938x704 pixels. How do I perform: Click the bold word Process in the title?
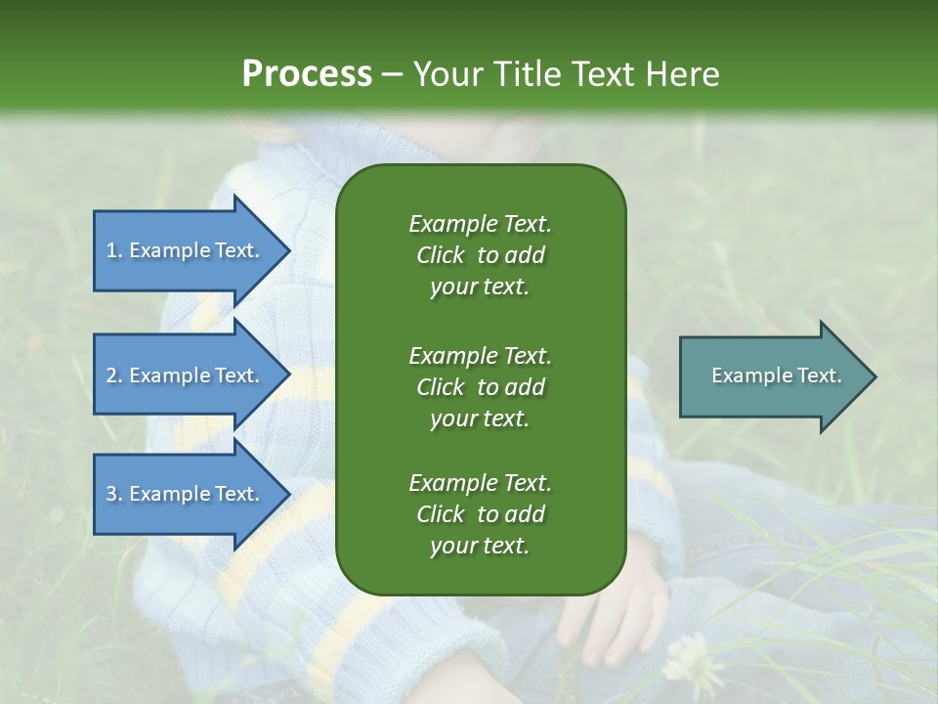pyautogui.click(x=307, y=74)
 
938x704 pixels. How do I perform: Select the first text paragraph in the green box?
pyautogui.click(x=480, y=255)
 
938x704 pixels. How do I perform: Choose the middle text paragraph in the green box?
pyautogui.click(x=480, y=386)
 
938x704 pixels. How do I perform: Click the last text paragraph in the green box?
pyautogui.click(x=480, y=514)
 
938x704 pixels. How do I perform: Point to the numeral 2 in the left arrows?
pyautogui.click(x=111, y=375)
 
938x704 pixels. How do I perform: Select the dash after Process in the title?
pyautogui.click(x=393, y=74)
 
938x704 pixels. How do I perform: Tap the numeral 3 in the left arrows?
pyautogui.click(x=111, y=494)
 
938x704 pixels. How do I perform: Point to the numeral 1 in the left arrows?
pyautogui.click(x=111, y=250)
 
